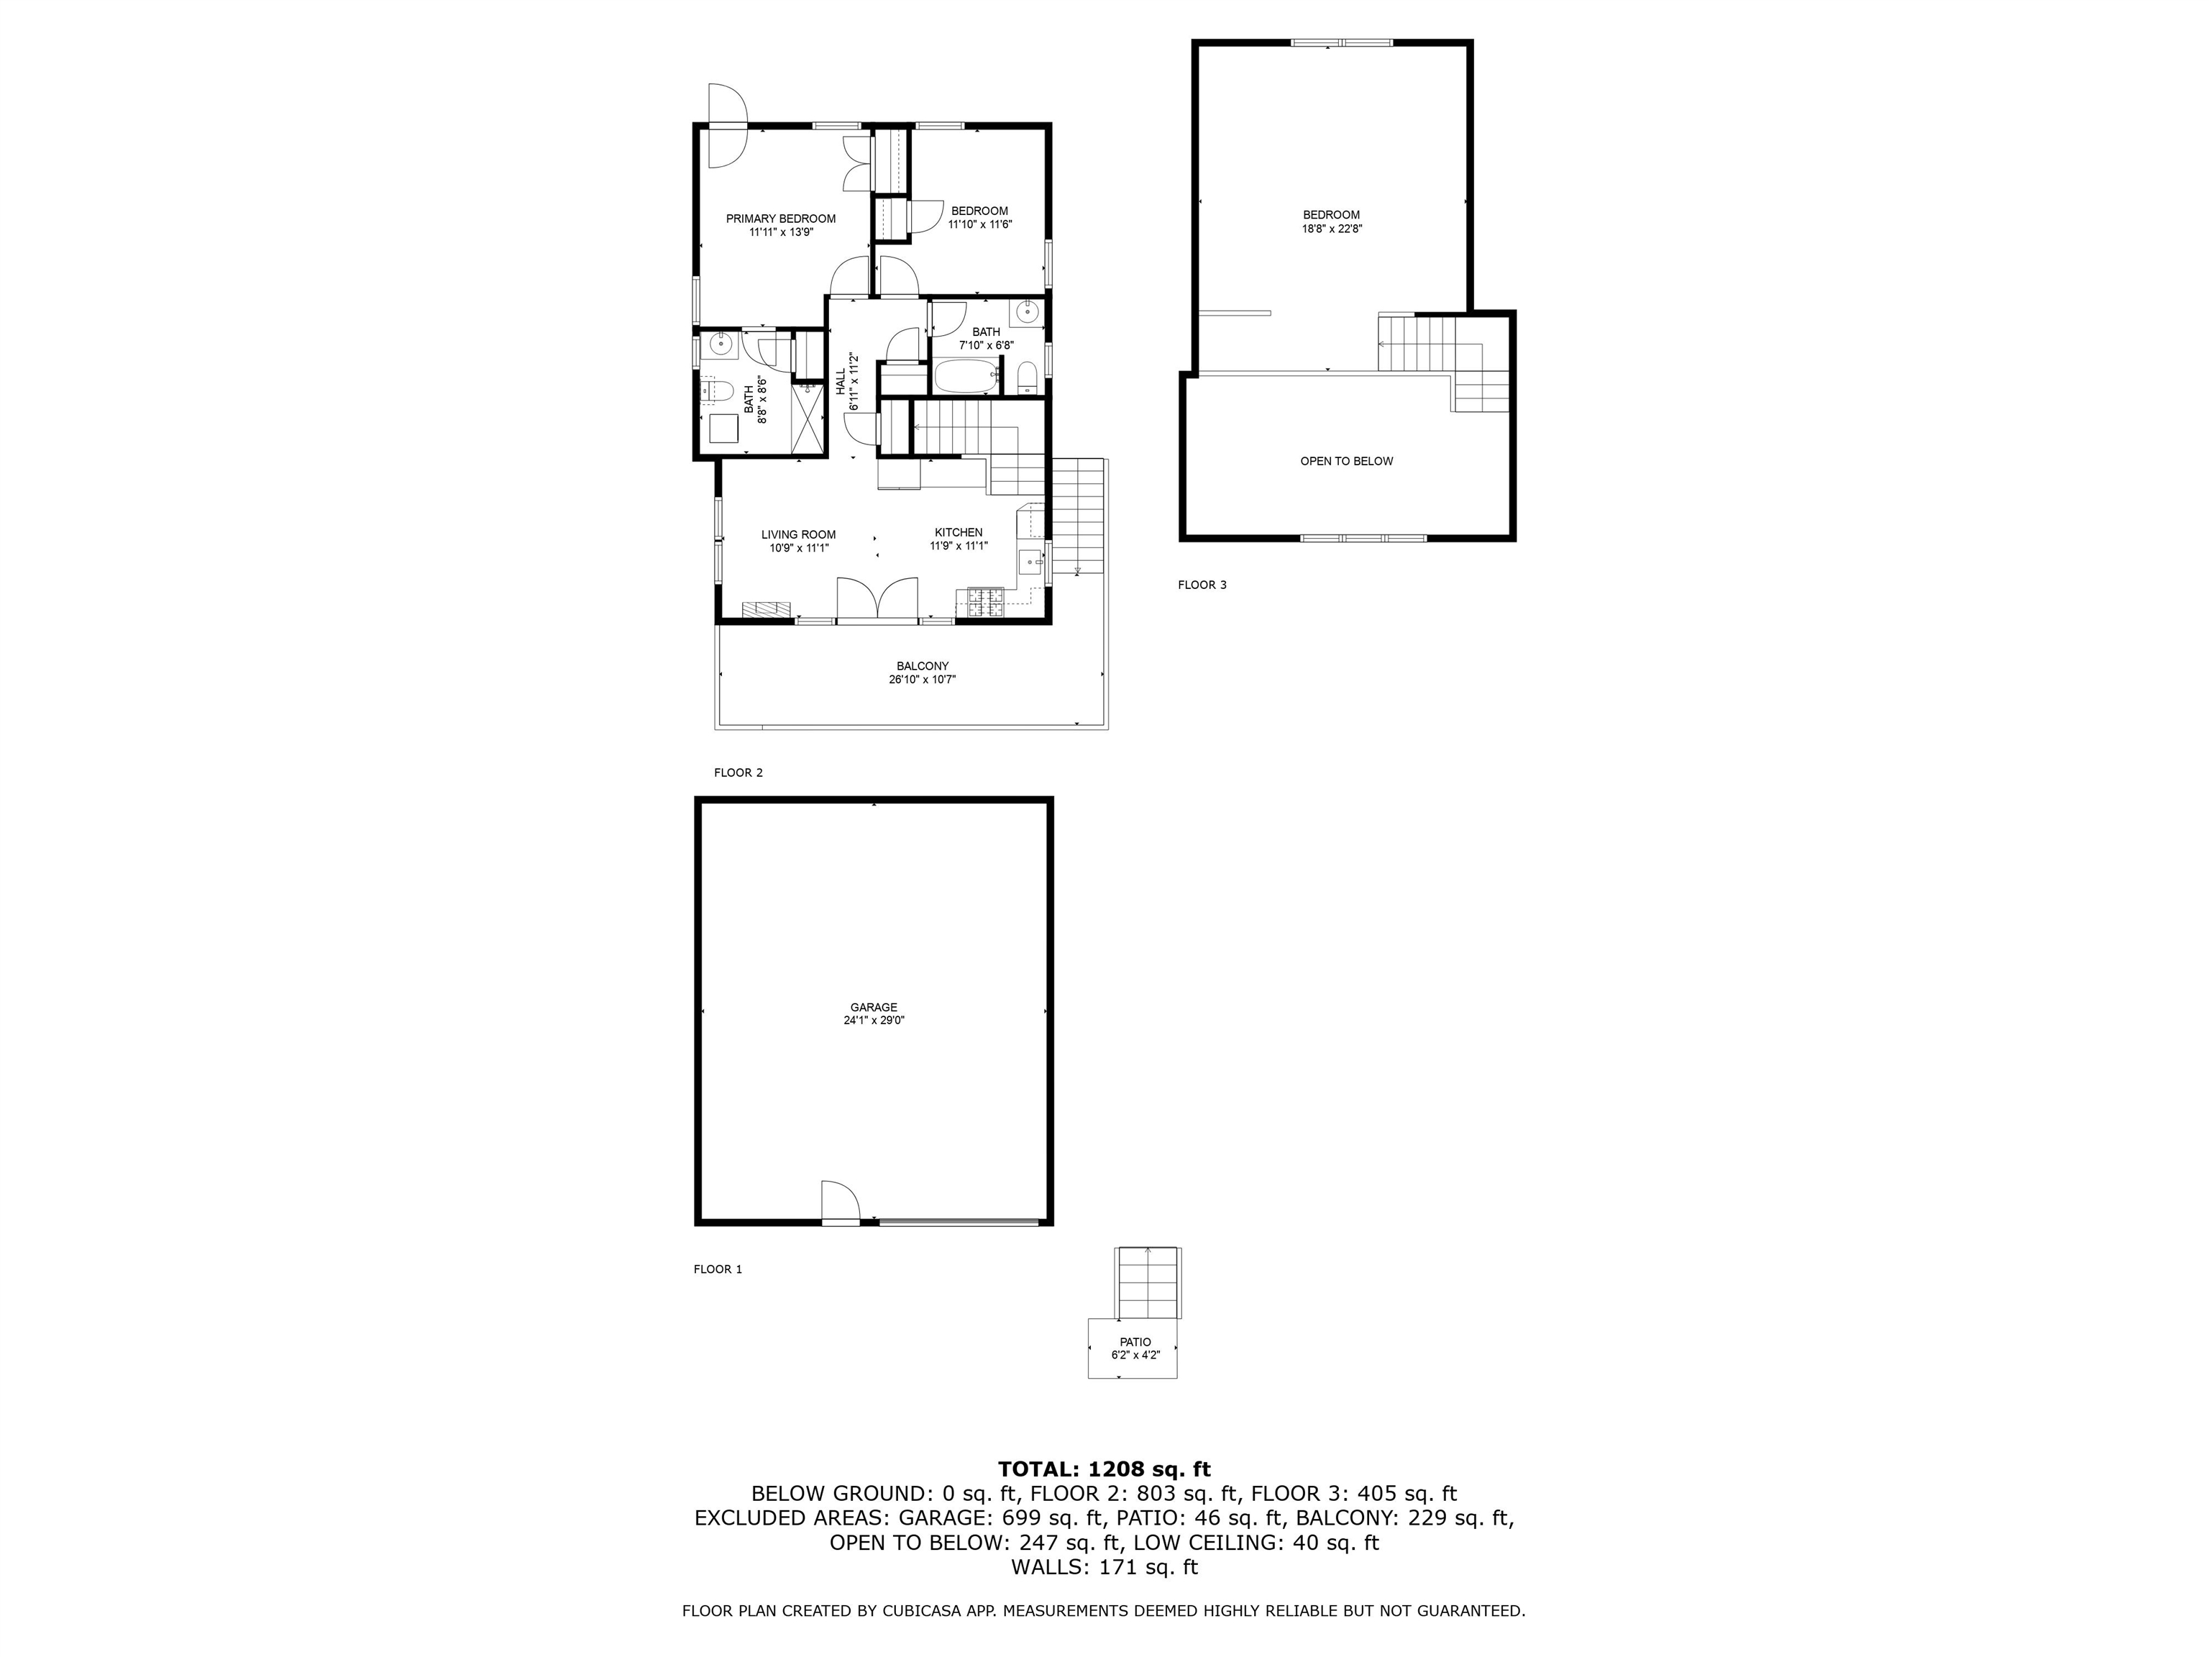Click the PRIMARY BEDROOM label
(781, 219)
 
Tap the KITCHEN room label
(959, 532)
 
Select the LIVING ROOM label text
(799, 534)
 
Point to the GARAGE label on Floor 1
(874, 1007)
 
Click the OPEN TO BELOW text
(1346, 462)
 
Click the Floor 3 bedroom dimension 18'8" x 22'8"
(1331, 229)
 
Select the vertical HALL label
(841, 380)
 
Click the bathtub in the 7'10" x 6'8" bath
(966, 378)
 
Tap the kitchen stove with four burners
(986, 601)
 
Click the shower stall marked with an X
(810, 418)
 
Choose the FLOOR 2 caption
(739, 772)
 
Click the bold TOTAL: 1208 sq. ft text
(1104, 1469)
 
